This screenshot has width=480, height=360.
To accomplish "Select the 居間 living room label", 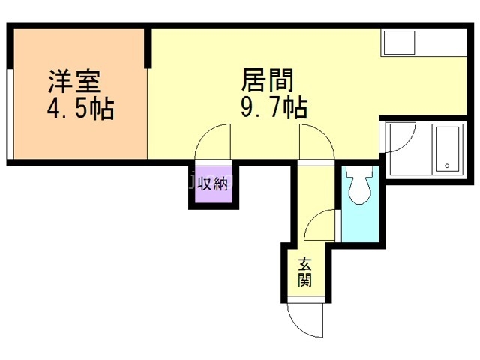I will coord(266,80).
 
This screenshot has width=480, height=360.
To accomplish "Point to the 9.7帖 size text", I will coord(272,109).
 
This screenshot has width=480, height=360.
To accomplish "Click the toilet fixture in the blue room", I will coord(358,185).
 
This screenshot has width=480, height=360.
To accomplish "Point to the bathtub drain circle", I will coord(447,166).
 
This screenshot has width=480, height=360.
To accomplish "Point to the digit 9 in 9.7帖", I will coord(247,109).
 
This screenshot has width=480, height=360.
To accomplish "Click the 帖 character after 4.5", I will coord(103,109).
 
